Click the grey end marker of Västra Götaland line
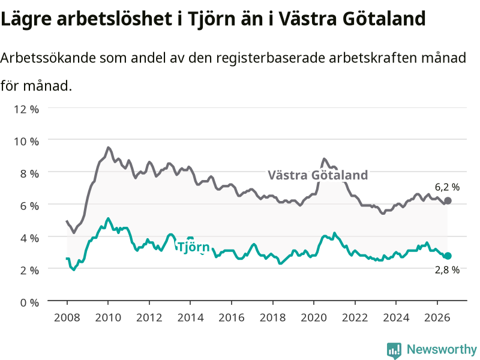point(448,201)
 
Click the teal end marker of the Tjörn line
point(448,256)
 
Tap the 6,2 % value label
point(447,187)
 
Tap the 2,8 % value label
point(447,269)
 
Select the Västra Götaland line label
point(318,175)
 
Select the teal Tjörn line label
point(193,247)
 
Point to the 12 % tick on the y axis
point(26,109)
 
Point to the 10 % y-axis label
point(26,142)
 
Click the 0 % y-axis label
point(29,302)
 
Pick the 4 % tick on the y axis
point(29,238)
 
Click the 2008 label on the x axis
point(67,317)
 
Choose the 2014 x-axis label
point(190,317)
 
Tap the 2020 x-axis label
point(314,317)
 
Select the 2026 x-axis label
point(437,317)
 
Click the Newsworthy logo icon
point(394,350)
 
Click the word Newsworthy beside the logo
point(442,349)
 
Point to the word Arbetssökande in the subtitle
point(48,58)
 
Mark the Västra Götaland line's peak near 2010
point(108,148)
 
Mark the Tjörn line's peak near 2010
point(108,218)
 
